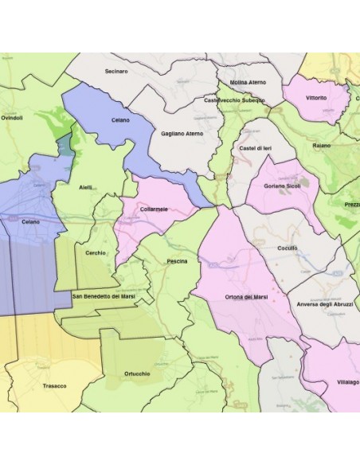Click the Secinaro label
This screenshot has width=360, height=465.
[116, 72]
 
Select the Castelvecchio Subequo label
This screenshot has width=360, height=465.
[233, 100]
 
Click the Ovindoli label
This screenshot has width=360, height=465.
[12, 119]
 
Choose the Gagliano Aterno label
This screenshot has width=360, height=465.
[182, 134]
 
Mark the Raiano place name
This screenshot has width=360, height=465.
[322, 147]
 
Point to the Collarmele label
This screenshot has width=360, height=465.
[154, 209]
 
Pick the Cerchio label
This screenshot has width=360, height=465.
[96, 252]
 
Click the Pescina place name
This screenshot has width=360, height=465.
[177, 261]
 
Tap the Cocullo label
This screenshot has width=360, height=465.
[287, 248]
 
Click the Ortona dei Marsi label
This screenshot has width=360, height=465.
[246, 297]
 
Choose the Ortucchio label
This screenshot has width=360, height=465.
[137, 373]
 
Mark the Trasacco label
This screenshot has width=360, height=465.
[54, 385]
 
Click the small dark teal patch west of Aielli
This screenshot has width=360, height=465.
[64, 147]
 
